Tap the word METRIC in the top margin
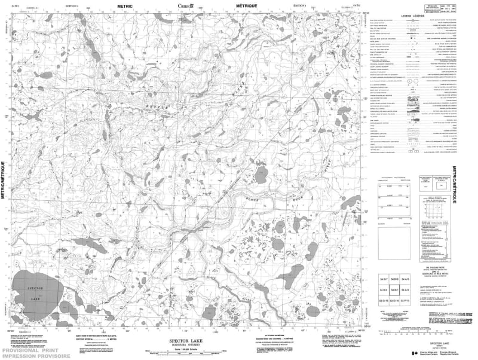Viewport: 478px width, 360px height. pyautogui.click(x=125, y=6)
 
